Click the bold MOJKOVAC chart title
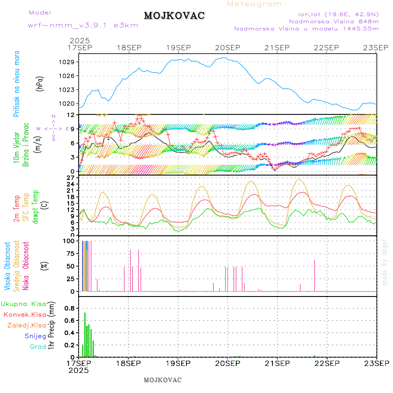tap(174, 16)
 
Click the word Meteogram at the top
tap(254, 4)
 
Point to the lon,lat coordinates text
tap(338, 14)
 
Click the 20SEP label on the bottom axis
tap(228, 363)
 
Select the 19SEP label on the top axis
tap(178, 47)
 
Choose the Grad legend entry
tap(38, 347)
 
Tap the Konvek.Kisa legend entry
tap(24, 314)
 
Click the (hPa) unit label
tap(40, 83)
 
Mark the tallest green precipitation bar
tap(85, 334)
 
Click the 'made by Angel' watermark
tap(384, 262)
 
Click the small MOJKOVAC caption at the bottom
tap(162, 380)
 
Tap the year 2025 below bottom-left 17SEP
tap(79, 370)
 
